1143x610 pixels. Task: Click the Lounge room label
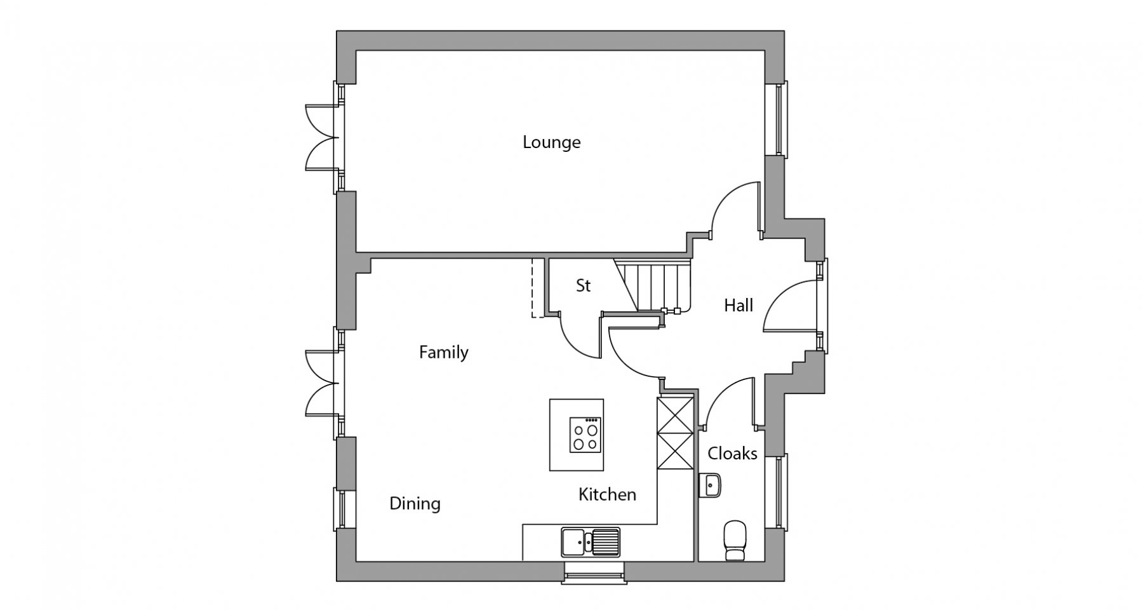(551, 142)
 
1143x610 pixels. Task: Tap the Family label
(443, 353)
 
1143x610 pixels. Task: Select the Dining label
(415, 504)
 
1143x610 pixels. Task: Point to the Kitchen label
(607, 494)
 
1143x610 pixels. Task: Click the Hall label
(739, 306)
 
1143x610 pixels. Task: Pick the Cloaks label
(732, 454)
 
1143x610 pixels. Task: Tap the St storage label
(583, 286)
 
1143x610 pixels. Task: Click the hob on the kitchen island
(585, 435)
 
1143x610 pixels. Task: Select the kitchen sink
(591, 542)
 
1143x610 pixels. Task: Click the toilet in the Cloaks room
(735, 541)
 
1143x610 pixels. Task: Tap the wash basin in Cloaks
(709, 485)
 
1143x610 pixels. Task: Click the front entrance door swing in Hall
(789, 306)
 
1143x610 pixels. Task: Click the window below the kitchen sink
(594, 573)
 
